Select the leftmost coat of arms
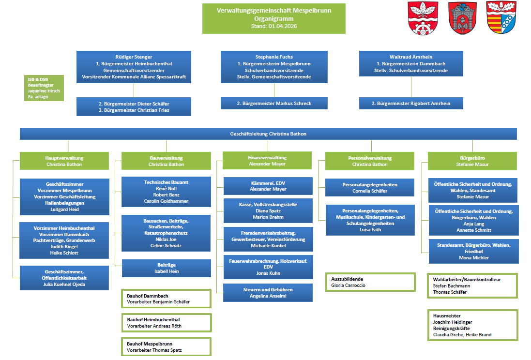(x=419, y=17)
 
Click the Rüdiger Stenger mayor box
(x=134, y=67)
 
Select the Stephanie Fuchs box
(x=274, y=67)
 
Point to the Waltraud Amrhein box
(x=411, y=63)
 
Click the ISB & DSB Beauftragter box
(x=44, y=88)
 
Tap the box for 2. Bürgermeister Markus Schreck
(x=274, y=103)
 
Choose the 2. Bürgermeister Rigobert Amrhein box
(x=411, y=103)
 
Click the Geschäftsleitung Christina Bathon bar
(x=268, y=134)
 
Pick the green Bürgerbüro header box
(x=472, y=161)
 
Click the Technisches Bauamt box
(x=166, y=191)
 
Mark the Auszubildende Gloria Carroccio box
(x=370, y=282)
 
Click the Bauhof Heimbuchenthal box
(x=166, y=323)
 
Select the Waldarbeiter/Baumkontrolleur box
(x=472, y=285)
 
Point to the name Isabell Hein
(x=166, y=271)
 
